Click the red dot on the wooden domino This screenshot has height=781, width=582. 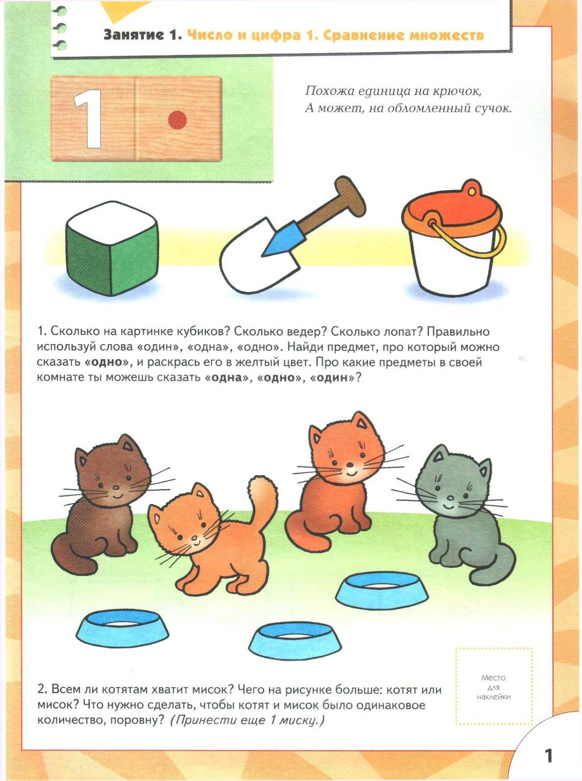[x=177, y=119]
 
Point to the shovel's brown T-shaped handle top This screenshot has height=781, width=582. [x=350, y=193]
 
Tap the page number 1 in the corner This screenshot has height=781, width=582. [x=548, y=756]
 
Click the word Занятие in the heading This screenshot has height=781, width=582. [x=133, y=35]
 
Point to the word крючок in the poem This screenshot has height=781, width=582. [x=457, y=91]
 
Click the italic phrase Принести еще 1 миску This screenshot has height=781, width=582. [x=247, y=720]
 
